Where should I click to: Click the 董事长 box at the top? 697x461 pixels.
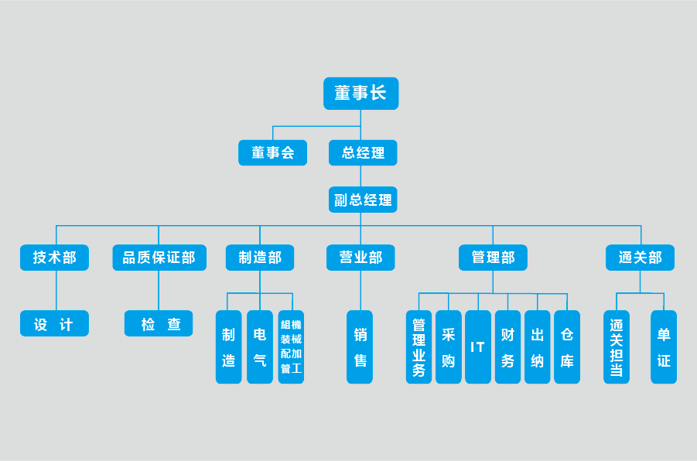click(360, 94)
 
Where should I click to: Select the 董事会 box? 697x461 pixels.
click(272, 152)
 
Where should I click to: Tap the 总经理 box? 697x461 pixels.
click(363, 152)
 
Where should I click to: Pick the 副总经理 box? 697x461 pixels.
click(363, 200)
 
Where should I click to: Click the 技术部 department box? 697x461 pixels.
click(54, 258)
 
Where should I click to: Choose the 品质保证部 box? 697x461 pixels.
click(159, 258)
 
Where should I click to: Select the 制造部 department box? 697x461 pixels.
click(260, 258)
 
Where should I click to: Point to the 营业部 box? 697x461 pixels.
click(360, 258)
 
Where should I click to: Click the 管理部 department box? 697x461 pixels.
click(493, 258)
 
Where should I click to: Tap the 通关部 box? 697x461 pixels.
click(640, 258)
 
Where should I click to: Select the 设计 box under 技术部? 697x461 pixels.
click(54, 323)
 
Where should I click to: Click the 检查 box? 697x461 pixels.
click(159, 323)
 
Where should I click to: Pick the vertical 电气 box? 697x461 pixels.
click(260, 347)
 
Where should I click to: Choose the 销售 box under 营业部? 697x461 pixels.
click(360, 347)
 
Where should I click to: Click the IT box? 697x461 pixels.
click(478, 347)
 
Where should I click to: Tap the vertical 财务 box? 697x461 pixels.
click(507, 347)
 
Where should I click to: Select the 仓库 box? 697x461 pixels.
click(567, 347)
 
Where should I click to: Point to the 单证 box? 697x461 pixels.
click(664, 347)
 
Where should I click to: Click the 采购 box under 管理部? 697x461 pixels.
click(449, 347)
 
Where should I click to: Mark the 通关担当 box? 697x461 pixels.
click(617, 347)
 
